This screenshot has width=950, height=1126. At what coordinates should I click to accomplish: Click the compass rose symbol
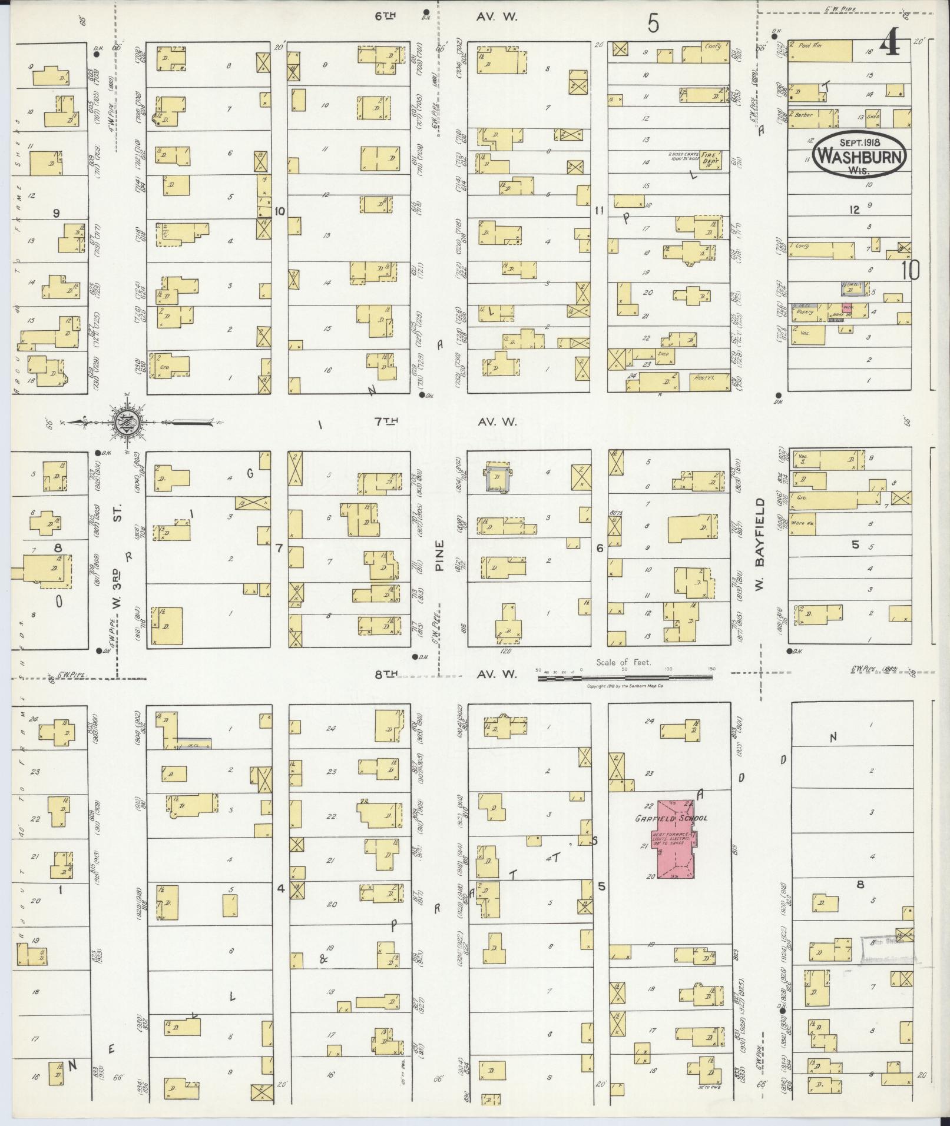coord(126,421)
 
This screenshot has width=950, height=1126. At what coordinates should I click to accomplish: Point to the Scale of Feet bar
coord(624,677)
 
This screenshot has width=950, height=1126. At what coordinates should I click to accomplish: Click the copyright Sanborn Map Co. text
coord(625,687)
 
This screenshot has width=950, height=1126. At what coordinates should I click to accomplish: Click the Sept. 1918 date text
coord(860,142)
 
